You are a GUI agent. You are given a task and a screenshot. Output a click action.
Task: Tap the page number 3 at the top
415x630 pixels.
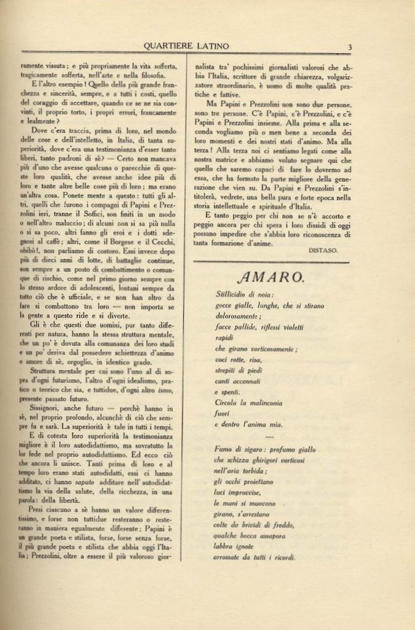click(x=348, y=46)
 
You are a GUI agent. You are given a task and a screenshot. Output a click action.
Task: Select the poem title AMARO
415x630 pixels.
click(x=264, y=275)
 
